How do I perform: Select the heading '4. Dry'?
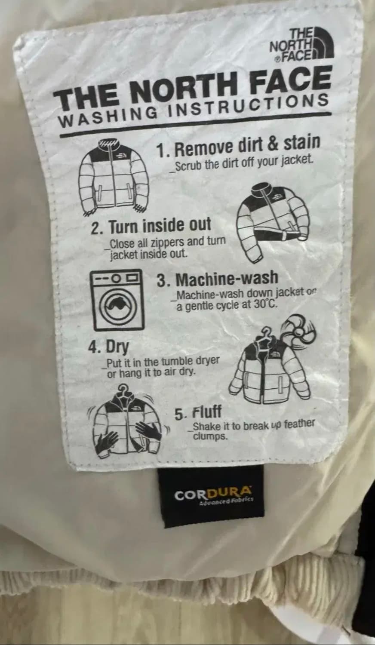tap(108, 347)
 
